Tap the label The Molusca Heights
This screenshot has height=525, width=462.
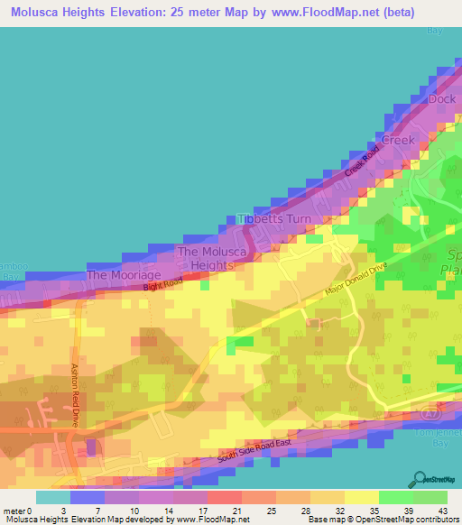tap(207, 259)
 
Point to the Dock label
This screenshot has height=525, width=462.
tap(442, 99)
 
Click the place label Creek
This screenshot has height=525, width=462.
tap(398, 141)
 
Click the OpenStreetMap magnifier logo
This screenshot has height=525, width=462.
tap(420, 480)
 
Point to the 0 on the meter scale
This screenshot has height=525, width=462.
tap(36, 510)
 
